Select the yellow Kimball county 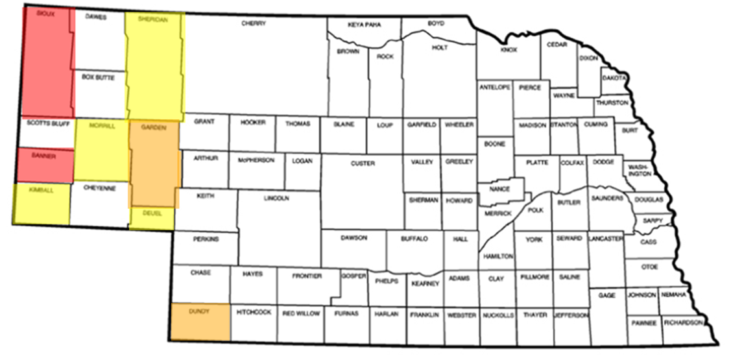pyautogui.click(x=41, y=202)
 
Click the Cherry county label pyautogui.click(x=254, y=24)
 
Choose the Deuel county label pyautogui.click(x=150, y=213)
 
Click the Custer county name pyautogui.click(x=363, y=163)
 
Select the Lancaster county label pyautogui.click(x=606, y=239)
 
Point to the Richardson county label pyautogui.click(x=683, y=322)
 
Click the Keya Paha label pyautogui.click(x=365, y=25)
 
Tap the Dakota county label pyautogui.click(x=614, y=78)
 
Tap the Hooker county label pyautogui.click(x=252, y=122)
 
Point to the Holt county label pyautogui.click(x=440, y=47)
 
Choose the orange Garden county pyautogui.click(x=154, y=162)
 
